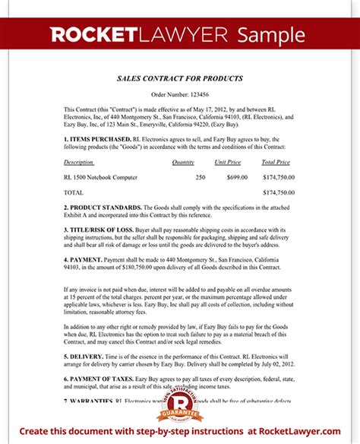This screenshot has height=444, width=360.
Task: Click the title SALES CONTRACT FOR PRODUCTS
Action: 179,78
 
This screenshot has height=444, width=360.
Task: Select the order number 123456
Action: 180,95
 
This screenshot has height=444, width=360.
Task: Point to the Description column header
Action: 79,162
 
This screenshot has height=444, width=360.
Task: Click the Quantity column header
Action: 183,162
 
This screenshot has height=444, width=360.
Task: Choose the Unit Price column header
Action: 228,162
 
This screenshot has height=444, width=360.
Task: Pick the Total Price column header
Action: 274,162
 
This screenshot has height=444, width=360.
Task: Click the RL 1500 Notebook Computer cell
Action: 101,176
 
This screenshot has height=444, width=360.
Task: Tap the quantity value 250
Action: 200,176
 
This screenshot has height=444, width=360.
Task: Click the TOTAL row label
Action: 74,193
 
